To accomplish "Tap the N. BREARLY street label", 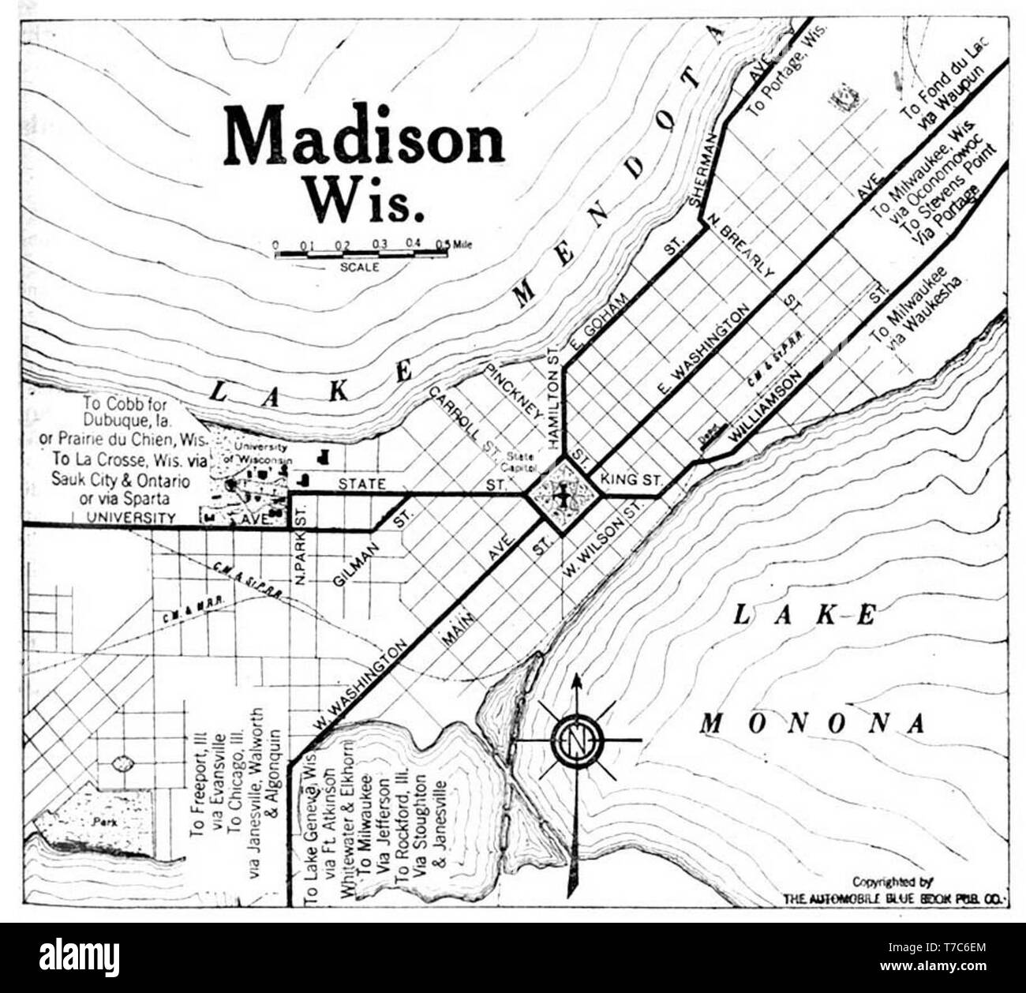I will click(x=739, y=246).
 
